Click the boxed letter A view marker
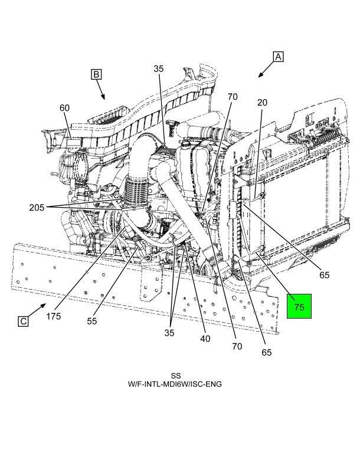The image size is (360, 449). click(278, 57)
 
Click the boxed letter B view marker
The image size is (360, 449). click(96, 74)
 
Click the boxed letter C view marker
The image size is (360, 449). click(23, 322)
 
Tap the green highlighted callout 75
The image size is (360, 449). click(299, 306)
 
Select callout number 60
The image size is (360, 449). click(64, 108)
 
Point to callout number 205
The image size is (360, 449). click(37, 207)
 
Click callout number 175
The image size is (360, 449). click(54, 316)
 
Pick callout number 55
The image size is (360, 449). click(92, 321)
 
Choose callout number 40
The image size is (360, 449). click(205, 339)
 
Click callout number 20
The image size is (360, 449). click(262, 102)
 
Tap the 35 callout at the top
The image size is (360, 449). click(158, 68)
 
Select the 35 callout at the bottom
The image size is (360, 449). click(169, 333)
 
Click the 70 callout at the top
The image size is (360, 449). click(233, 97)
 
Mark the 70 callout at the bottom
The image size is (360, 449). click(237, 346)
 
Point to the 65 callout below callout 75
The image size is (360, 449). click(266, 352)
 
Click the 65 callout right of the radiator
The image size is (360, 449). click(324, 275)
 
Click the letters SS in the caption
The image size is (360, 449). click(176, 376)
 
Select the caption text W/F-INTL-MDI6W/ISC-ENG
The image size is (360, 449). click(175, 384)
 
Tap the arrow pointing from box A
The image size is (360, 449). click(266, 70)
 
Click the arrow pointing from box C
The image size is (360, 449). click(37, 310)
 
